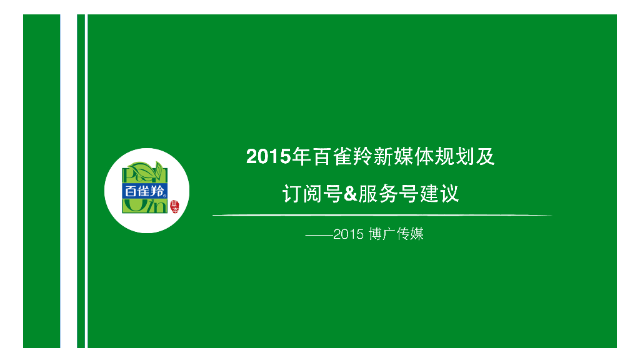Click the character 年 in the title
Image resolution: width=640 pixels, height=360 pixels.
pyautogui.click(x=302, y=157)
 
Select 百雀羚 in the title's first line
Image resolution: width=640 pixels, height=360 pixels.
pyautogui.click(x=342, y=157)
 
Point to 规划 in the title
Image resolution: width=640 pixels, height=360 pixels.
pyautogui.click(x=454, y=157)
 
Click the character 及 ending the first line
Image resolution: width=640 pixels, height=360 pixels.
pyautogui.click(x=485, y=157)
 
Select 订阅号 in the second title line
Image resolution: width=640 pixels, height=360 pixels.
pyautogui.click(x=311, y=194)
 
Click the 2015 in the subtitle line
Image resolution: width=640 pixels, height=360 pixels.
pyautogui.click(x=348, y=235)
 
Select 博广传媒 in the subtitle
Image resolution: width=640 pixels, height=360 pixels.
pyautogui.click(x=396, y=235)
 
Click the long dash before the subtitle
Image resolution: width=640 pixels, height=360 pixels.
pyautogui.click(x=319, y=236)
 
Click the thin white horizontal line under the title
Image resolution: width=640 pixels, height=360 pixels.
pyautogui.click(x=381, y=216)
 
